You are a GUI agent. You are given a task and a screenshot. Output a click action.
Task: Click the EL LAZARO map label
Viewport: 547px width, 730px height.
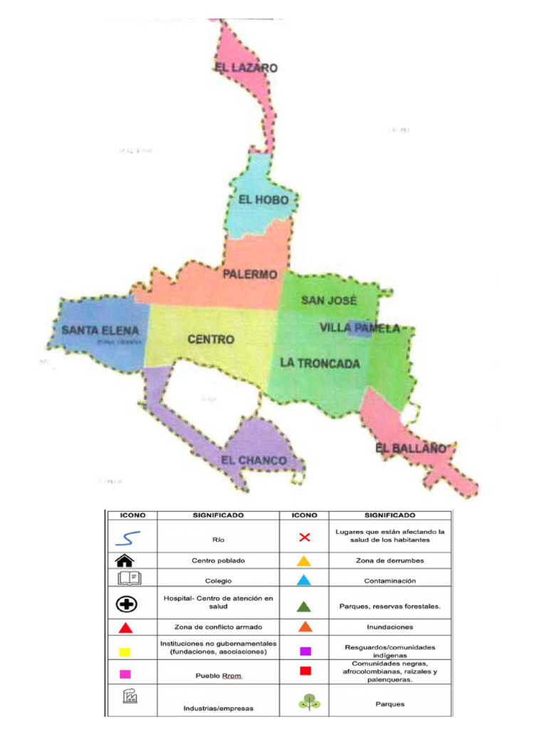coord(246,68)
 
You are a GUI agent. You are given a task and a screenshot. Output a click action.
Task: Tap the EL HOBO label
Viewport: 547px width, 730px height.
coord(264,200)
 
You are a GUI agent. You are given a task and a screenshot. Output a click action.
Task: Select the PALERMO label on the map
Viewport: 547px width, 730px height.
coord(249,274)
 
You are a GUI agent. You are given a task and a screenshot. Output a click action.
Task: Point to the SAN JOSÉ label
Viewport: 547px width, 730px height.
coord(328,300)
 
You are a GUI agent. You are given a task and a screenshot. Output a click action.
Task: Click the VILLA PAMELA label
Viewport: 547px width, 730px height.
coord(359,328)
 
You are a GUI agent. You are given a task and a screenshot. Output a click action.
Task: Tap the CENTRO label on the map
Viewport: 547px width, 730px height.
coord(211,340)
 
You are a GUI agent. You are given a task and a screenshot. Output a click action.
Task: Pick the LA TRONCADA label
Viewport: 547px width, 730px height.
coord(320,363)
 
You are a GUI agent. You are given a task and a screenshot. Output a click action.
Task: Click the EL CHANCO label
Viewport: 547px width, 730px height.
coord(254,461)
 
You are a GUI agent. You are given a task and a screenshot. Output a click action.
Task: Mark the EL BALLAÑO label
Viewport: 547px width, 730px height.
coord(410,448)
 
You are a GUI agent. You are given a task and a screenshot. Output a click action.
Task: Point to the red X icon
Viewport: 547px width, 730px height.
coord(305,537)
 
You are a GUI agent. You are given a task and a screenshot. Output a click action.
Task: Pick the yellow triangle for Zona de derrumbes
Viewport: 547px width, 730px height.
coord(304,561)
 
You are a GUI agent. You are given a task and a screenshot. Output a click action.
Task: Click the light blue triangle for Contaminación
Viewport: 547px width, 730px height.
coord(304,580)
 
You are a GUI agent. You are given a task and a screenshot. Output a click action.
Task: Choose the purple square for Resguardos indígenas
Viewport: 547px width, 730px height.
coord(305,651)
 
